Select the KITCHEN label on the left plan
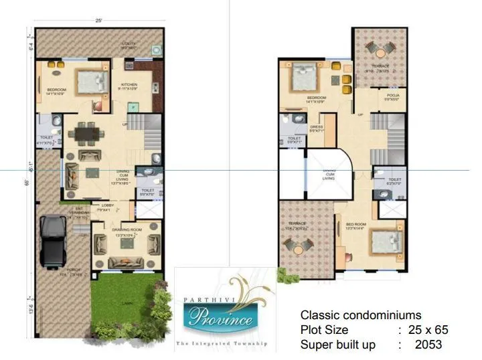128,84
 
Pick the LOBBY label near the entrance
105,206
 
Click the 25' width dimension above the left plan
98,21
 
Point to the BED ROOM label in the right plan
353,225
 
